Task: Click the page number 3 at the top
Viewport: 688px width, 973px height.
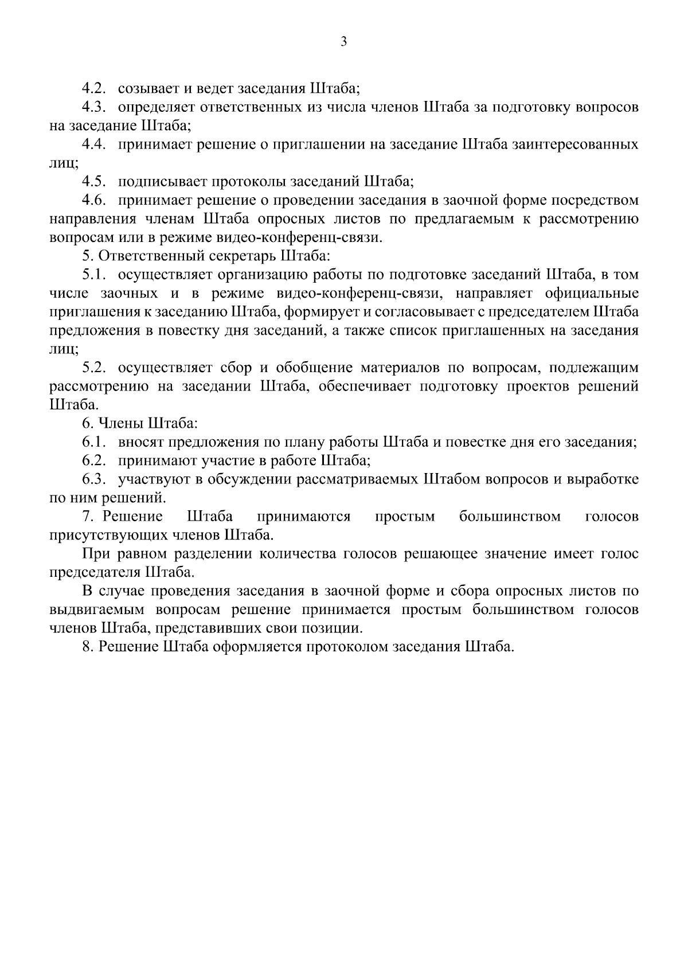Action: [x=343, y=41]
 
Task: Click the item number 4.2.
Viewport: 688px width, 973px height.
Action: [x=95, y=89]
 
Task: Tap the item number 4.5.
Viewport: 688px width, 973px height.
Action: [x=95, y=182]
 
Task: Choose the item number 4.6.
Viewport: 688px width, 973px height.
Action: [x=95, y=200]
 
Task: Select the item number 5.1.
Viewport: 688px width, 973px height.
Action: [x=95, y=275]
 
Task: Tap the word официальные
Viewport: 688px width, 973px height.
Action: [x=592, y=294]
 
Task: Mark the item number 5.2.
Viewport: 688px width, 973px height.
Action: [x=95, y=368]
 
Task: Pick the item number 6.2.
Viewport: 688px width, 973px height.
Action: [x=95, y=460]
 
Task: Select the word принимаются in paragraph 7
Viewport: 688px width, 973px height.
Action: [x=304, y=517]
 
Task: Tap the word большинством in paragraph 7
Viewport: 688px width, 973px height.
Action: [x=510, y=517]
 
